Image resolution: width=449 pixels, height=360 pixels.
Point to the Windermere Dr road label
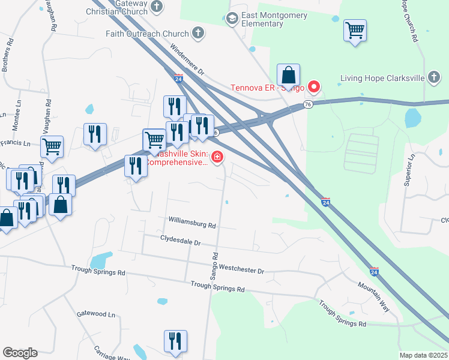(188, 60)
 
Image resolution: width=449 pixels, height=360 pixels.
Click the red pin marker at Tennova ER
(313, 86)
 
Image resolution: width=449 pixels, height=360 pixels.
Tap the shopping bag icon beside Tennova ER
(289, 76)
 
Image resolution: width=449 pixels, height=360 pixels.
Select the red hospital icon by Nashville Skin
(217, 158)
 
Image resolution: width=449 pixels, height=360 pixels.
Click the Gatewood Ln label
(95, 314)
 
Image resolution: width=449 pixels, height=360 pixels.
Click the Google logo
(20, 353)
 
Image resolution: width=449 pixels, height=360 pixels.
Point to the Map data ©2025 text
(423, 355)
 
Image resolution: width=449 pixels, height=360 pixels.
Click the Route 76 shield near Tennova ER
(308, 104)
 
